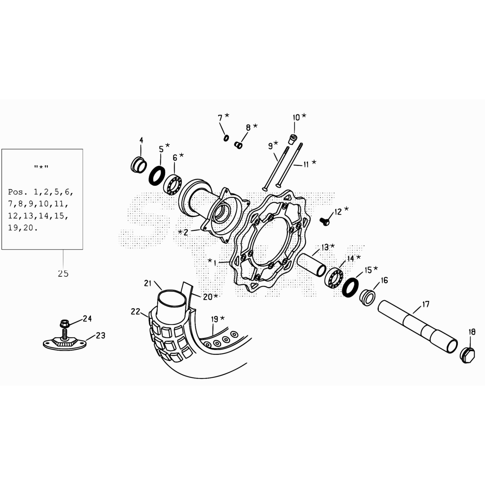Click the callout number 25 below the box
pos(63,273)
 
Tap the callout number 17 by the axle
pos(426,304)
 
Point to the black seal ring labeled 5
pos(157,176)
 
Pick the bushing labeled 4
pos(139,165)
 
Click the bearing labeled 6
pos(173,185)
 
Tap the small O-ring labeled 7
pos(226,138)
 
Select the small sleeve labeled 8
pos(238,145)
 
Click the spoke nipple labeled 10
pos(292,139)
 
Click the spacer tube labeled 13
pos(312,265)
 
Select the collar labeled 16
pos(367,298)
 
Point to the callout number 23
pos(101,335)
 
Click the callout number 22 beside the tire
pos(135,311)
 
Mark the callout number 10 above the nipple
pos(296,117)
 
